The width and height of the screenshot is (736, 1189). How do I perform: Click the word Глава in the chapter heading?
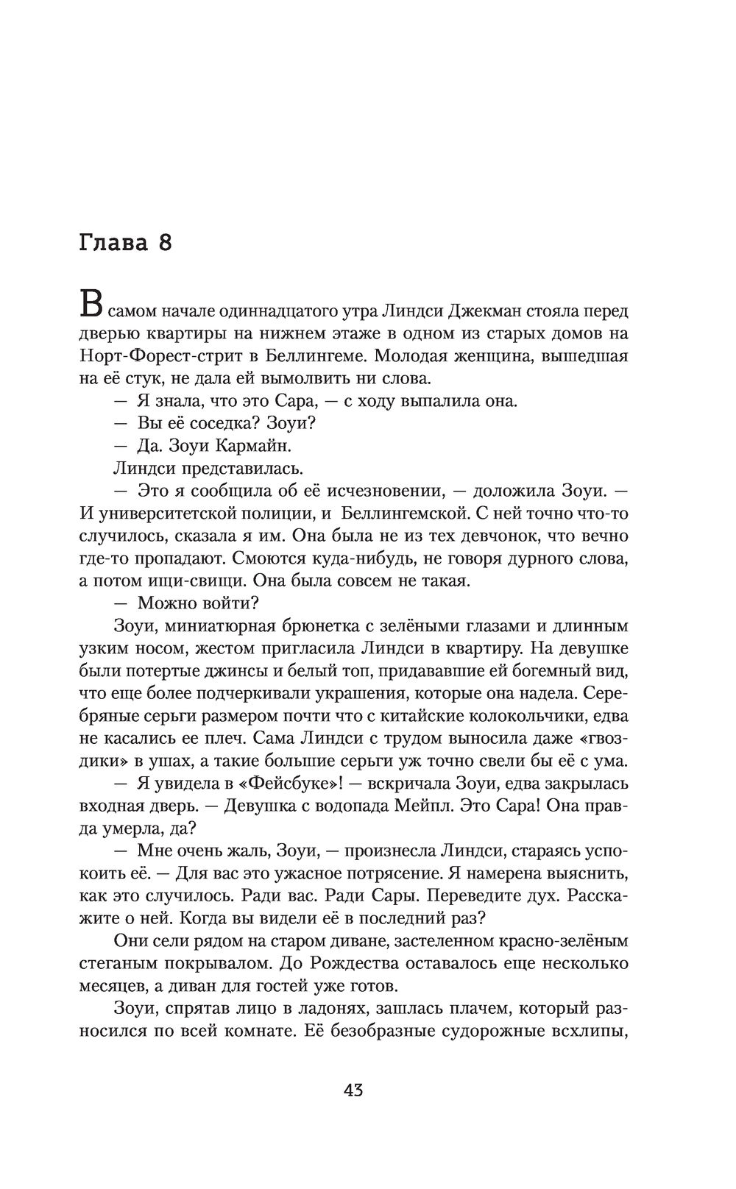[113, 243]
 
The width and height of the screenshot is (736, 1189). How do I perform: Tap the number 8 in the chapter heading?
[164, 243]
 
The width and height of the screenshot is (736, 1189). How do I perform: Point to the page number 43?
[353, 1090]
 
